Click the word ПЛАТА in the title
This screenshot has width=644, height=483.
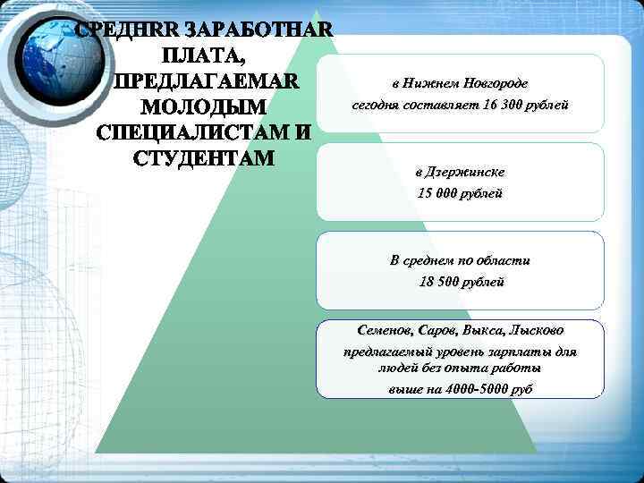pyautogui.click(x=204, y=56)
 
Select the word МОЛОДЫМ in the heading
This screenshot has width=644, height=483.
pyautogui.click(x=204, y=108)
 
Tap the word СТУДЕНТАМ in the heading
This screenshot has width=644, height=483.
pyautogui.click(x=204, y=160)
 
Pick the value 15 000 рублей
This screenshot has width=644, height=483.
pyautogui.click(x=461, y=193)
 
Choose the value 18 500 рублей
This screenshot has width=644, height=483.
pyautogui.click(x=461, y=283)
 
